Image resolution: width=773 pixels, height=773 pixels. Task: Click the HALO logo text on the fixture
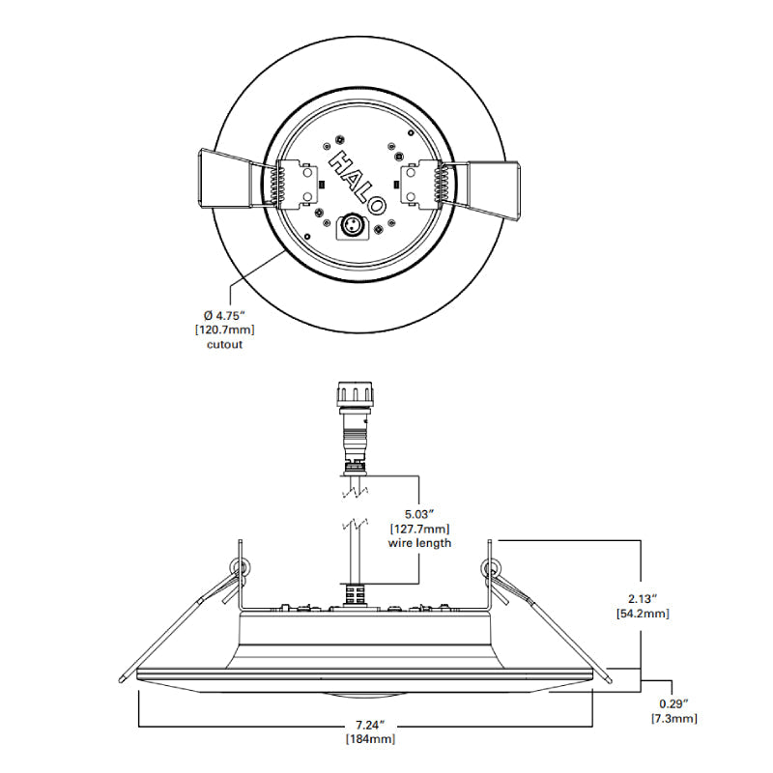[x=358, y=182]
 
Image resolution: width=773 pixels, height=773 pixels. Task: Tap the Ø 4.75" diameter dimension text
[x=224, y=315]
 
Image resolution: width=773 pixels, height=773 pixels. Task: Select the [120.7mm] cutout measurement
[x=225, y=329]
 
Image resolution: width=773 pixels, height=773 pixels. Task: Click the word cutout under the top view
[x=225, y=344]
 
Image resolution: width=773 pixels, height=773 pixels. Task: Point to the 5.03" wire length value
[x=419, y=514]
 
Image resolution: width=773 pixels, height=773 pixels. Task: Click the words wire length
[x=419, y=543]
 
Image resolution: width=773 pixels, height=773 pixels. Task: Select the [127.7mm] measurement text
[x=419, y=529]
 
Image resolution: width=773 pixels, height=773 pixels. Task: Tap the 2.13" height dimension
[x=643, y=599]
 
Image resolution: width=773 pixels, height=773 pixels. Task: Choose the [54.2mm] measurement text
[x=643, y=614]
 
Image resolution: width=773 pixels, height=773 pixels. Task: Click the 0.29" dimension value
[x=673, y=704]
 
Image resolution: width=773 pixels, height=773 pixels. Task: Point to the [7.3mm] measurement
[x=673, y=718]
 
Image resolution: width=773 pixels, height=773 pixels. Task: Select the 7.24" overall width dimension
[x=370, y=725]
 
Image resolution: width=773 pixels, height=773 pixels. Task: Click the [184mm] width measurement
[x=370, y=739]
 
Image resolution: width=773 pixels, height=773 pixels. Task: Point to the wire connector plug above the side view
[x=355, y=427]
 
